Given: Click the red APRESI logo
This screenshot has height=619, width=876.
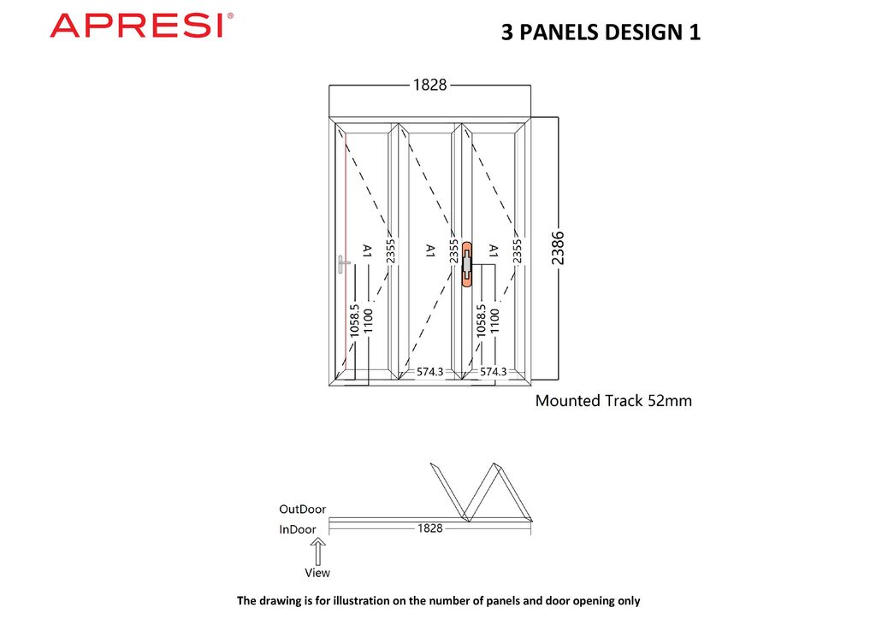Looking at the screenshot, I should [x=141, y=26].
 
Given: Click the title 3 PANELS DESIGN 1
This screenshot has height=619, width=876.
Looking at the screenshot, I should [x=601, y=33].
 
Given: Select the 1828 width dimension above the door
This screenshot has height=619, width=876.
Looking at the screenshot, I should [x=429, y=85].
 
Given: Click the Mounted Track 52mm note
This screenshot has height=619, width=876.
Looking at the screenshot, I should [x=613, y=400].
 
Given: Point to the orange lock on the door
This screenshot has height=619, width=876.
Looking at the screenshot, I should [x=467, y=264].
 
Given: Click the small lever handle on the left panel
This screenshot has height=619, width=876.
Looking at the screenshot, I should [x=343, y=264].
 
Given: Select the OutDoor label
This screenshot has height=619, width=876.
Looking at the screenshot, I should [x=302, y=510].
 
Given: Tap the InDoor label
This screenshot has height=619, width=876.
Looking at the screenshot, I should [x=297, y=530].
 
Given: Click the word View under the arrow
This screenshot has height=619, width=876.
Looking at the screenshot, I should [x=317, y=573].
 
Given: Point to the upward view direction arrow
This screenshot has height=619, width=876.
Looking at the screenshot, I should [x=317, y=549].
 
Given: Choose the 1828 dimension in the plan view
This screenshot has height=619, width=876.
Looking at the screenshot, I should [x=429, y=528].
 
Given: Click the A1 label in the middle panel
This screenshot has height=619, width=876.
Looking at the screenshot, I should [x=430, y=251].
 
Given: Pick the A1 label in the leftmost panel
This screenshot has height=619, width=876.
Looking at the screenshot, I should [x=367, y=251].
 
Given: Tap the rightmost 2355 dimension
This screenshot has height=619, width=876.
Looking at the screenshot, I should [x=517, y=251].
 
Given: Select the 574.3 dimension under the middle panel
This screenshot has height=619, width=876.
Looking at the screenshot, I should [x=430, y=372].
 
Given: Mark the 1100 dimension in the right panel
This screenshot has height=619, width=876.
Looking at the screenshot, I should [x=494, y=321].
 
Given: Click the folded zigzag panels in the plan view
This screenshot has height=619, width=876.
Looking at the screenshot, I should [x=483, y=492].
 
